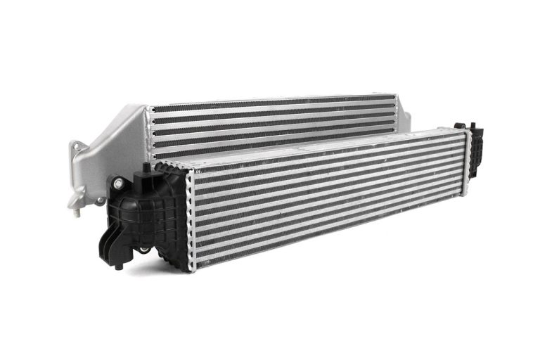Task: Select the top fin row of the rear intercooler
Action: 274,103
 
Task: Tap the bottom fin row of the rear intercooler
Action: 211,153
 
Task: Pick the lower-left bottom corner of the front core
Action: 194,268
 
